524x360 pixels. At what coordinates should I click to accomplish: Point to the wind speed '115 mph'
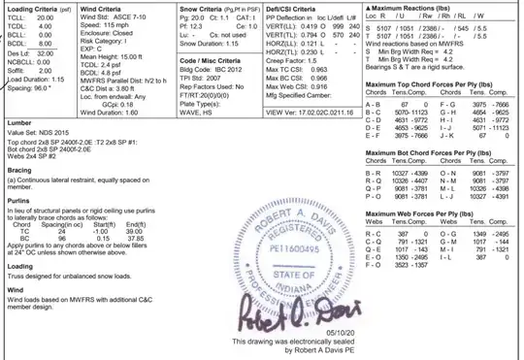point(123,26)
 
